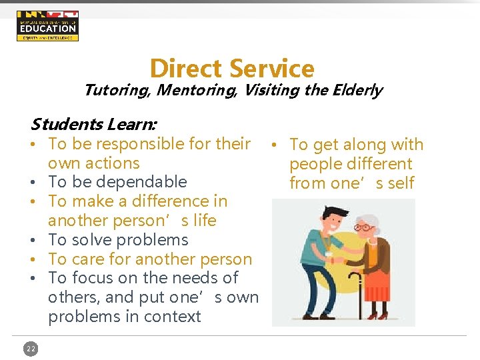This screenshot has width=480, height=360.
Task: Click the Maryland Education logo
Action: click(47, 26)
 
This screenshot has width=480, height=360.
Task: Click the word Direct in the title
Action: click(186, 69)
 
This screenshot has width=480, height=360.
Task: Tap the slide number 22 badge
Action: click(31, 348)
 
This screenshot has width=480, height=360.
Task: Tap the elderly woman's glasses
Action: click(363, 228)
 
